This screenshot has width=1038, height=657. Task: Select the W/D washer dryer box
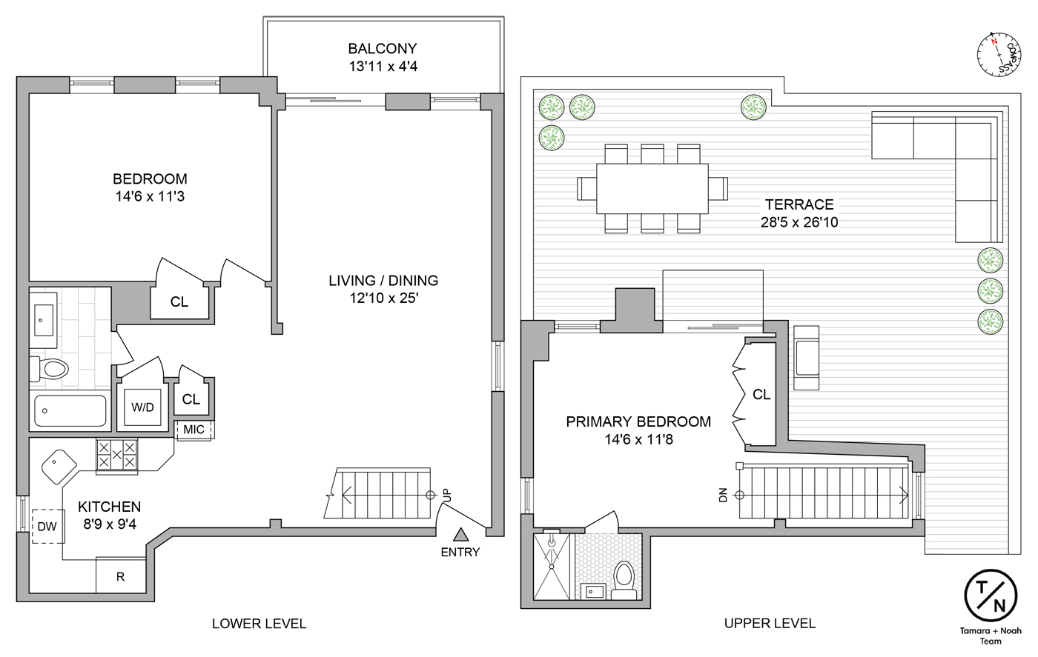(x=142, y=407)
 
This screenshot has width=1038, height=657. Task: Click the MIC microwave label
(x=194, y=430)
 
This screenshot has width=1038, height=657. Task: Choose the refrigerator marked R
(x=121, y=576)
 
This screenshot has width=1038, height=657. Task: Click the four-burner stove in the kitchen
(x=117, y=454)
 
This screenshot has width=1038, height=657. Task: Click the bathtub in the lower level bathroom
(x=70, y=411)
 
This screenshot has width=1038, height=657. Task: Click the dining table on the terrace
(x=643, y=187)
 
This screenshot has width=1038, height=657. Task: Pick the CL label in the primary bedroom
(x=761, y=395)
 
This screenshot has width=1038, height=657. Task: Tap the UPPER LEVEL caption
(x=770, y=624)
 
